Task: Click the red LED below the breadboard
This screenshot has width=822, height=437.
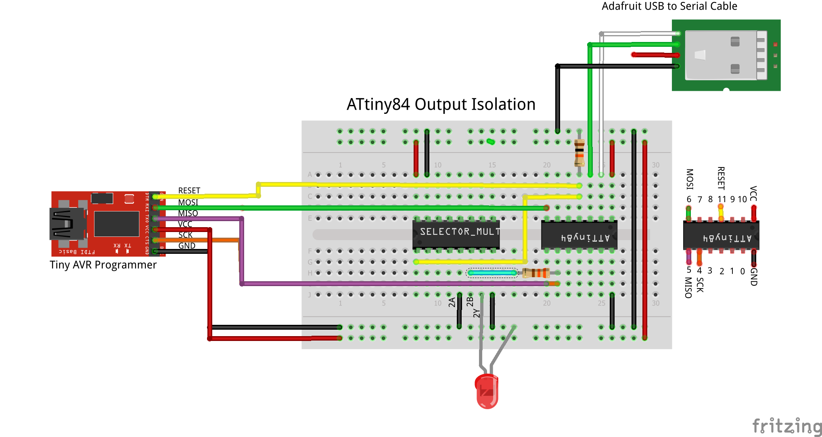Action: (487, 391)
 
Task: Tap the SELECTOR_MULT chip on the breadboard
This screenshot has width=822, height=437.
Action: (456, 234)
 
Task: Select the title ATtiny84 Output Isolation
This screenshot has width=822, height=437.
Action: (441, 105)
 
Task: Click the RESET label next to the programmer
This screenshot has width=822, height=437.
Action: (189, 190)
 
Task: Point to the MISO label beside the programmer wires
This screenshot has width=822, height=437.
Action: (188, 213)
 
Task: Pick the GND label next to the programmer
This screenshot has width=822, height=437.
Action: (187, 246)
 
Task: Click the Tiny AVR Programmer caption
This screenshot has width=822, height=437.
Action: (103, 265)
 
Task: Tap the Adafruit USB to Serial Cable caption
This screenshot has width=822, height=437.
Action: (669, 6)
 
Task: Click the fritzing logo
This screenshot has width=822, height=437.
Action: (786, 426)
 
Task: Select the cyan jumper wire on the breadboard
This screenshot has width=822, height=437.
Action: (492, 273)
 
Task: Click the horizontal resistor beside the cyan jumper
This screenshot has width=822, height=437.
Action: (536, 273)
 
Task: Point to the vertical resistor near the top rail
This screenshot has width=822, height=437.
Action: (579, 153)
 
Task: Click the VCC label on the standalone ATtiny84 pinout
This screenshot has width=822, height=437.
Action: (753, 193)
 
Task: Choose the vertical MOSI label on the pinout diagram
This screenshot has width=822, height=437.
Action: (690, 179)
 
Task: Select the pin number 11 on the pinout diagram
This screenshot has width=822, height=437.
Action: (722, 199)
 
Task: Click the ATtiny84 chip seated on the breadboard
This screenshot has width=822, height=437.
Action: (579, 235)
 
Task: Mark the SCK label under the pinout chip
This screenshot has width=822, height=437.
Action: (700, 285)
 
